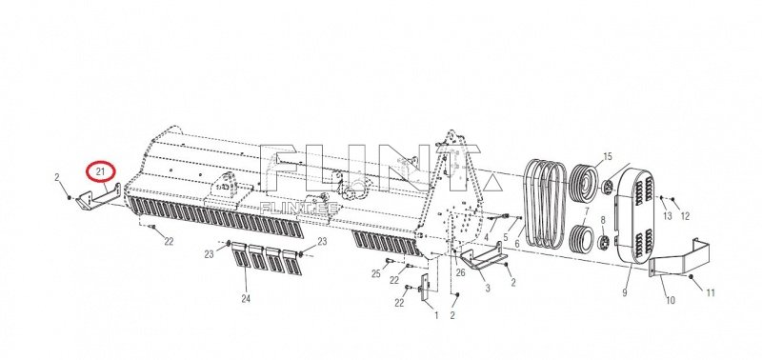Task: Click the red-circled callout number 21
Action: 99,172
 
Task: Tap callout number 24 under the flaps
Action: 247,299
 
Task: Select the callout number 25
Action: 376,274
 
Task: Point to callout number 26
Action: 460,273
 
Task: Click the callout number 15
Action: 607,155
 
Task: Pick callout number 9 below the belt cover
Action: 625,291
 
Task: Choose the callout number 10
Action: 670,301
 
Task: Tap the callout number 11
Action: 710,293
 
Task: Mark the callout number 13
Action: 668,217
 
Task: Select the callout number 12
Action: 685,217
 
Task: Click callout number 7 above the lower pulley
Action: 587,210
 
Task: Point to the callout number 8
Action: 603,220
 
